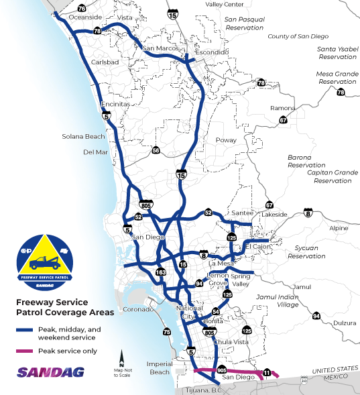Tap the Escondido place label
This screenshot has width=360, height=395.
(x=211, y=52)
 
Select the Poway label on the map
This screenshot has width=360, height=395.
(x=227, y=141)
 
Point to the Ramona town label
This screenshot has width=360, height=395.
(x=282, y=108)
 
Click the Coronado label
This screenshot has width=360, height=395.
(x=137, y=310)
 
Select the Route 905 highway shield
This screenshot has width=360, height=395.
(x=223, y=370)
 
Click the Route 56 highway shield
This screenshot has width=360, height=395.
(x=156, y=150)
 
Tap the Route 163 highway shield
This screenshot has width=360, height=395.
(x=161, y=272)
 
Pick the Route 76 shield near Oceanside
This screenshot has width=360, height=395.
(x=81, y=8)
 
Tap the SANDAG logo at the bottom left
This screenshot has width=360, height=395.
(x=41, y=372)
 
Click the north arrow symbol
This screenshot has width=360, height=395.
(x=122, y=357)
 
